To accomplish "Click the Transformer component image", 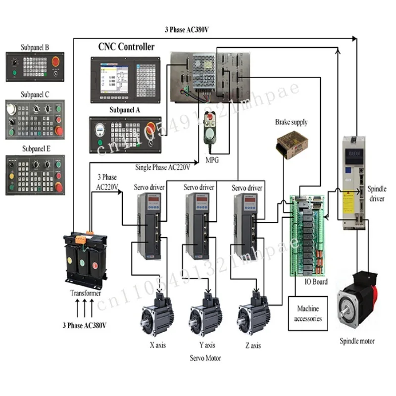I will point(84,260).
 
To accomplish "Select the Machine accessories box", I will point(308,313).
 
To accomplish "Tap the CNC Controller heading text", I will point(126,47).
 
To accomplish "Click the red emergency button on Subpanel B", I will point(55,64).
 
